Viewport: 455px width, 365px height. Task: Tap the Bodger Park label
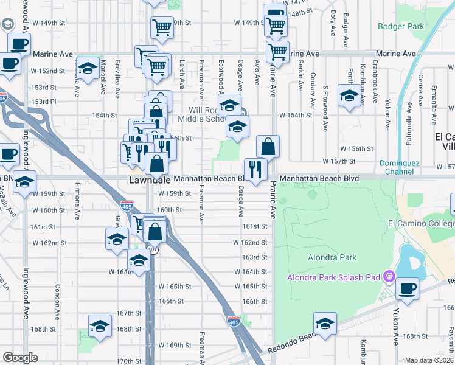click(400, 26)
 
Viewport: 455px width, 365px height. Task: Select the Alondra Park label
click(332, 257)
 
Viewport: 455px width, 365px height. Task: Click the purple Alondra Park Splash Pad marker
click(390, 278)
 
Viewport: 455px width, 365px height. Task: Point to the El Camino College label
click(421, 223)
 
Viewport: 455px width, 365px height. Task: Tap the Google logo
click(19, 358)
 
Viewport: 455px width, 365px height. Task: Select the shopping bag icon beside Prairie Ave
click(268, 146)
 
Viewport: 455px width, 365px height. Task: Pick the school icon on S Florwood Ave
click(349, 96)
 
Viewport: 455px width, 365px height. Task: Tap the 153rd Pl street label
click(44, 101)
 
